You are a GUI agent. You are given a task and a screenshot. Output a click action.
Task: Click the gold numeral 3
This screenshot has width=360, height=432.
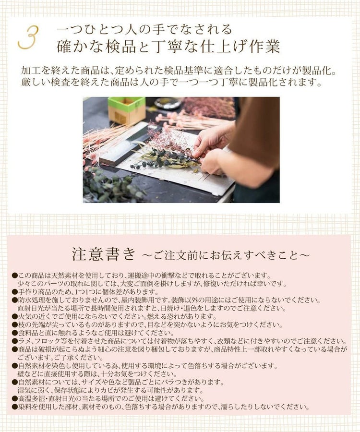pos(28,37)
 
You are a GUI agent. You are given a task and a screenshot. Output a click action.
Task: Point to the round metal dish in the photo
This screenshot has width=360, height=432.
pos(168,103)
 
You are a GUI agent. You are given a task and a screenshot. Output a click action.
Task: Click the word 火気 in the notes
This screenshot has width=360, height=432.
pos(25,316)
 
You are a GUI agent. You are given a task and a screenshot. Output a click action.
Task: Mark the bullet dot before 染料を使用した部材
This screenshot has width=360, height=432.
pos(14,407)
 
